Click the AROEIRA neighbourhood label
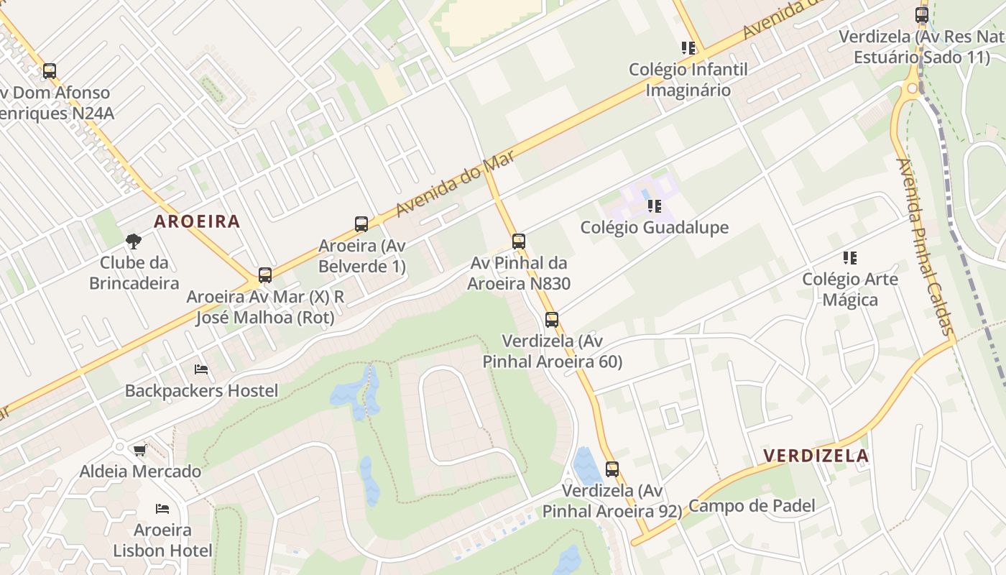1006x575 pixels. pos(197,221)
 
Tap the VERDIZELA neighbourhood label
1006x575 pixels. pos(816,456)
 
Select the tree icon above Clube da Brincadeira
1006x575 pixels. pos(133,241)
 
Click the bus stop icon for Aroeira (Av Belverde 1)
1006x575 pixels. pos(361,224)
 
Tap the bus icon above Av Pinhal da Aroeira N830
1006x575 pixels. pos(519,241)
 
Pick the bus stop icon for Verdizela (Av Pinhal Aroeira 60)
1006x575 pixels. pos(552,319)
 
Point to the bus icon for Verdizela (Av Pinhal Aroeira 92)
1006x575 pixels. pos(612,469)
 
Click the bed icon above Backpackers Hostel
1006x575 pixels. pos(201,369)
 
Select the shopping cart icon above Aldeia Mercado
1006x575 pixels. pos(139,450)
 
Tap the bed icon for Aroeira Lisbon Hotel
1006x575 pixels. pos(162,509)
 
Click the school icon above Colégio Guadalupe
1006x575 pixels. pos(654,206)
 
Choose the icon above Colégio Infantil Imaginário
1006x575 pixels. pos(688,48)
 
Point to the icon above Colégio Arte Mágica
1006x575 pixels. pos(850,257)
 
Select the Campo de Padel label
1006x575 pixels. pos(752,506)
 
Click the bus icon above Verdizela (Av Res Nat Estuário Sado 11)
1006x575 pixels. pos(922,14)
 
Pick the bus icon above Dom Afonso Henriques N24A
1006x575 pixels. pos(50,71)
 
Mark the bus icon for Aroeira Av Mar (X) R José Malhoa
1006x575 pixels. pos(265,275)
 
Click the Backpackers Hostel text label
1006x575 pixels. pos(201,391)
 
